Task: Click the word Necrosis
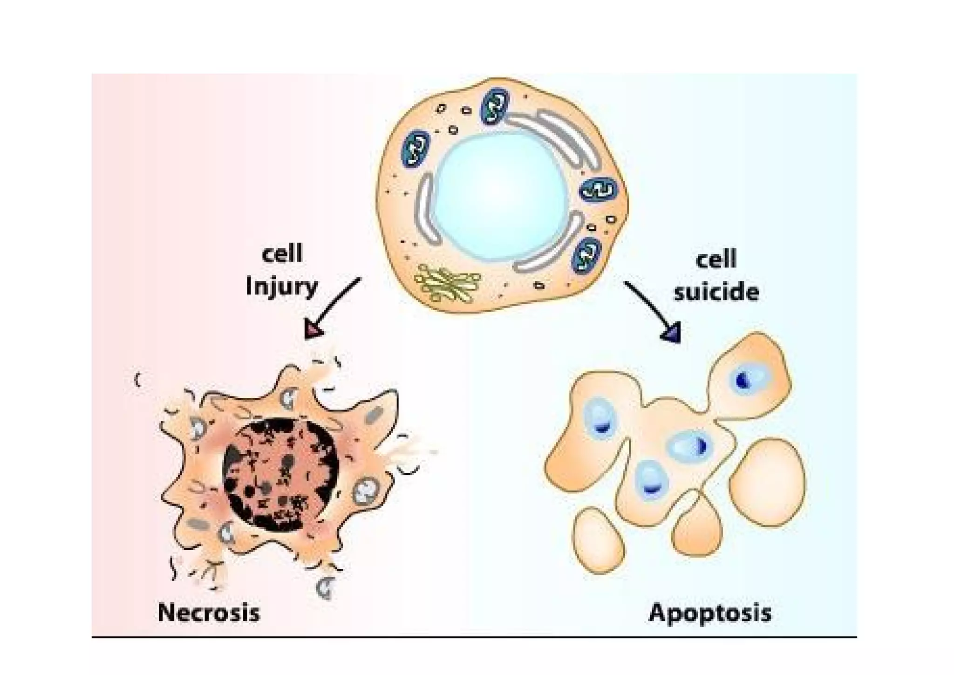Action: coord(208,612)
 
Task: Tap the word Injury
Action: coord(281,286)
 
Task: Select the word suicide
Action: coord(716,293)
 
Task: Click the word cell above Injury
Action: coord(282,253)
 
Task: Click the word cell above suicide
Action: coord(716,259)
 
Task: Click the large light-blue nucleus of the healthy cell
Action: coord(501,196)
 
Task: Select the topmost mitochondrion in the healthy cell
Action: coord(495,107)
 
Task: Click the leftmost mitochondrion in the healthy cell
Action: coord(415,149)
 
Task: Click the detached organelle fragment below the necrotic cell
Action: coord(326,587)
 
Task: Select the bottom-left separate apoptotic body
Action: coord(599,540)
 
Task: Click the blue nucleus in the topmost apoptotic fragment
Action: coord(745,380)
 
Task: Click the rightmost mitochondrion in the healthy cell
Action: coord(599,190)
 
